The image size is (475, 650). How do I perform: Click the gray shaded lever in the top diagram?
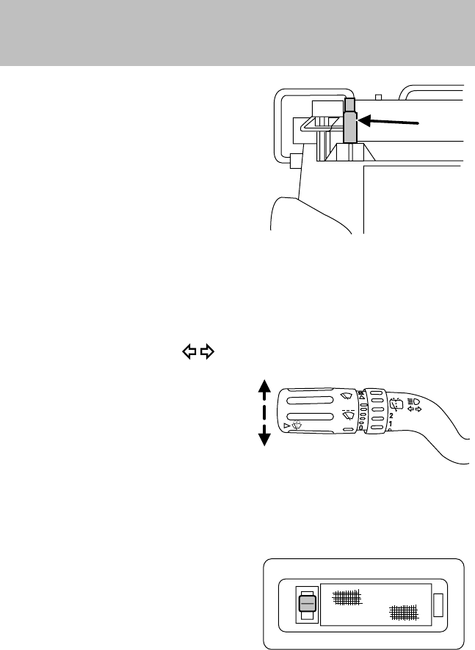pyautogui.click(x=350, y=125)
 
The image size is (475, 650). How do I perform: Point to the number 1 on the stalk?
pyautogui.click(x=390, y=424)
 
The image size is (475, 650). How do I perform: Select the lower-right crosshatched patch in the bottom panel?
pyautogui.click(x=403, y=611)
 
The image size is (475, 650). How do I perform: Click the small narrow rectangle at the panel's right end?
pyautogui.click(x=438, y=605)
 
